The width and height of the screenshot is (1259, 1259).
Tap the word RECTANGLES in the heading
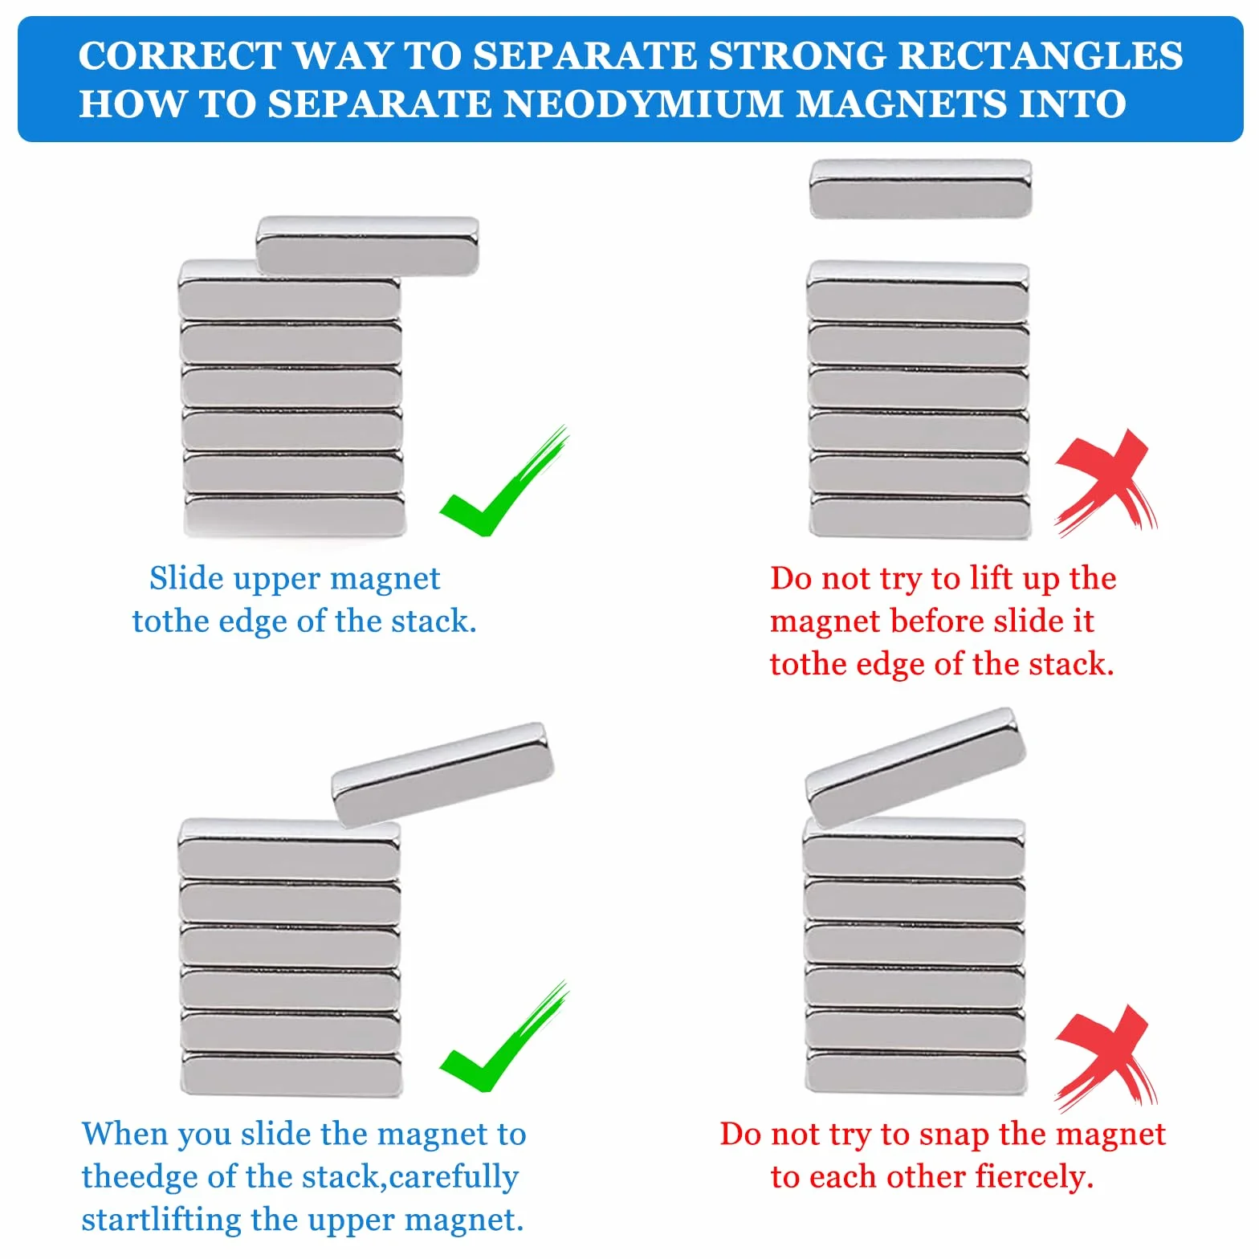point(1041,55)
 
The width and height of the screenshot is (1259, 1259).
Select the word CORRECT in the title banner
point(180,55)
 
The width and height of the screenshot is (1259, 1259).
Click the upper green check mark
point(504,482)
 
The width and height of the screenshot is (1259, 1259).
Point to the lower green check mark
point(504,1037)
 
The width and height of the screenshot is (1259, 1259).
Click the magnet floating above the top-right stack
point(920,189)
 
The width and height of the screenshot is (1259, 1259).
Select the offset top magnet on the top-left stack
point(367,245)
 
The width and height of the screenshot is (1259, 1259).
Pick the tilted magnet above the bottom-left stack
point(442,774)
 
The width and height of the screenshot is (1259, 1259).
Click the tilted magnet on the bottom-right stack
point(915,767)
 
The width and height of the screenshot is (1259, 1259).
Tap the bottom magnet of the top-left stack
point(295,515)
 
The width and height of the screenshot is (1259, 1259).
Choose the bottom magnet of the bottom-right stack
point(916,1071)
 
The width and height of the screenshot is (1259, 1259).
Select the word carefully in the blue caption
point(454,1177)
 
